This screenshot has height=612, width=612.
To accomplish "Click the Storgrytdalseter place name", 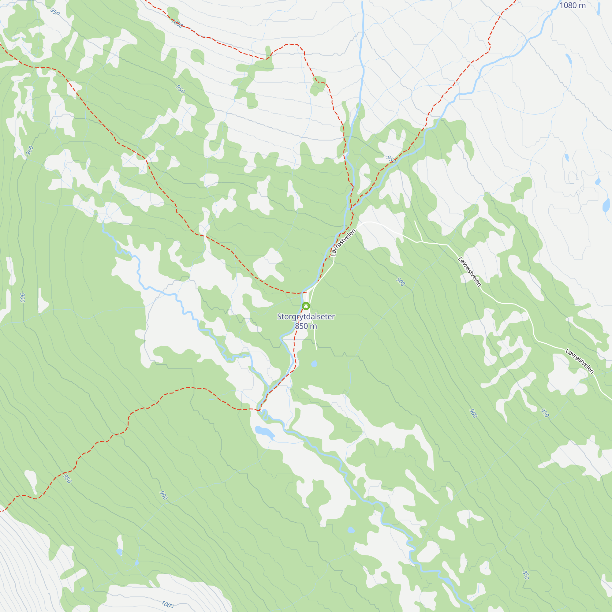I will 306,316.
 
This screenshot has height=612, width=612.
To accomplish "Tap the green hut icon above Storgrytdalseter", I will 306,306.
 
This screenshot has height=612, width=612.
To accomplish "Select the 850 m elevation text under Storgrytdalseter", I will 306,326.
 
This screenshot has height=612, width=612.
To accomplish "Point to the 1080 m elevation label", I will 573,6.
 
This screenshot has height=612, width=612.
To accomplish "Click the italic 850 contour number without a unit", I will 525,575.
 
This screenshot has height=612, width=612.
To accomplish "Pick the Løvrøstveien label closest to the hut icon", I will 343,243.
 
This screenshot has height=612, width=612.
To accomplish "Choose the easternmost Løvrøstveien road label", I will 580,361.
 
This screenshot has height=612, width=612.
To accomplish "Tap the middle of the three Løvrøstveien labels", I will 469,272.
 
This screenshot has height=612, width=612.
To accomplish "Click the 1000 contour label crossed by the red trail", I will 177,23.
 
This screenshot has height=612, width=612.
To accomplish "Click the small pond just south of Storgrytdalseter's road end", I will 314,364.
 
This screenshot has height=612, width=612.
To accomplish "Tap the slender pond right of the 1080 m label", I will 599,9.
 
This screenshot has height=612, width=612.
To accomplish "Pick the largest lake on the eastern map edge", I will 606,205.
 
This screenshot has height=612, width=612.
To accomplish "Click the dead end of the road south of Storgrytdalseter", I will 316,349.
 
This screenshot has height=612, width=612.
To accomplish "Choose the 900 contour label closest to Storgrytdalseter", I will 400,282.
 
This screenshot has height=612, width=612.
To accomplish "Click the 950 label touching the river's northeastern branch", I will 391,159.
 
